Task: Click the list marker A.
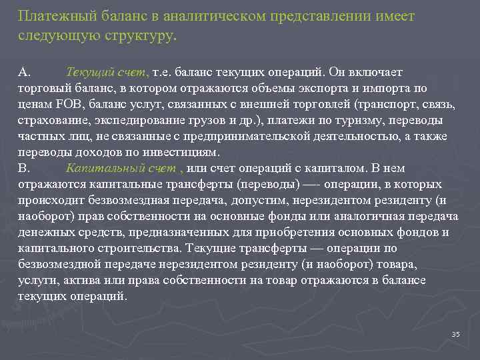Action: (x=24, y=72)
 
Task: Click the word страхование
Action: (x=52, y=120)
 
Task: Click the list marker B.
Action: (x=24, y=168)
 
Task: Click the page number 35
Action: (x=456, y=334)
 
